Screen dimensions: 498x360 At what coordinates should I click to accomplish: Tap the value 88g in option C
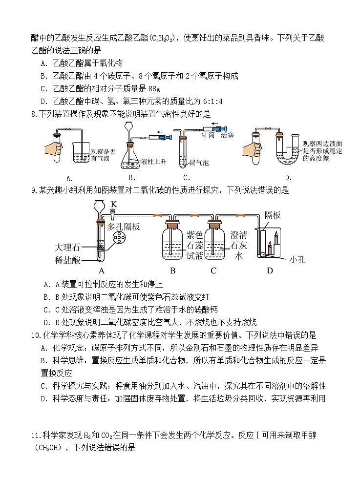pyautogui.click(x=154, y=89)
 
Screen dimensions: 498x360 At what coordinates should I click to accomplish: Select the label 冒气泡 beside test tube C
pyautogui.click(x=199, y=163)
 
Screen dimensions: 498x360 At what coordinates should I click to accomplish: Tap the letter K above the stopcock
pyautogui.click(x=114, y=204)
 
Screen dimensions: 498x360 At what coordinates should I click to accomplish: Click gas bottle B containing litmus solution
pyautogui.click(x=173, y=244)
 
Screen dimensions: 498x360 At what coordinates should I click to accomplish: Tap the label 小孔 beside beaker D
pyautogui.click(x=297, y=260)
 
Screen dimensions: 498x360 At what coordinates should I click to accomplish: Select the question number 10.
pyautogui.click(x=35, y=335)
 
